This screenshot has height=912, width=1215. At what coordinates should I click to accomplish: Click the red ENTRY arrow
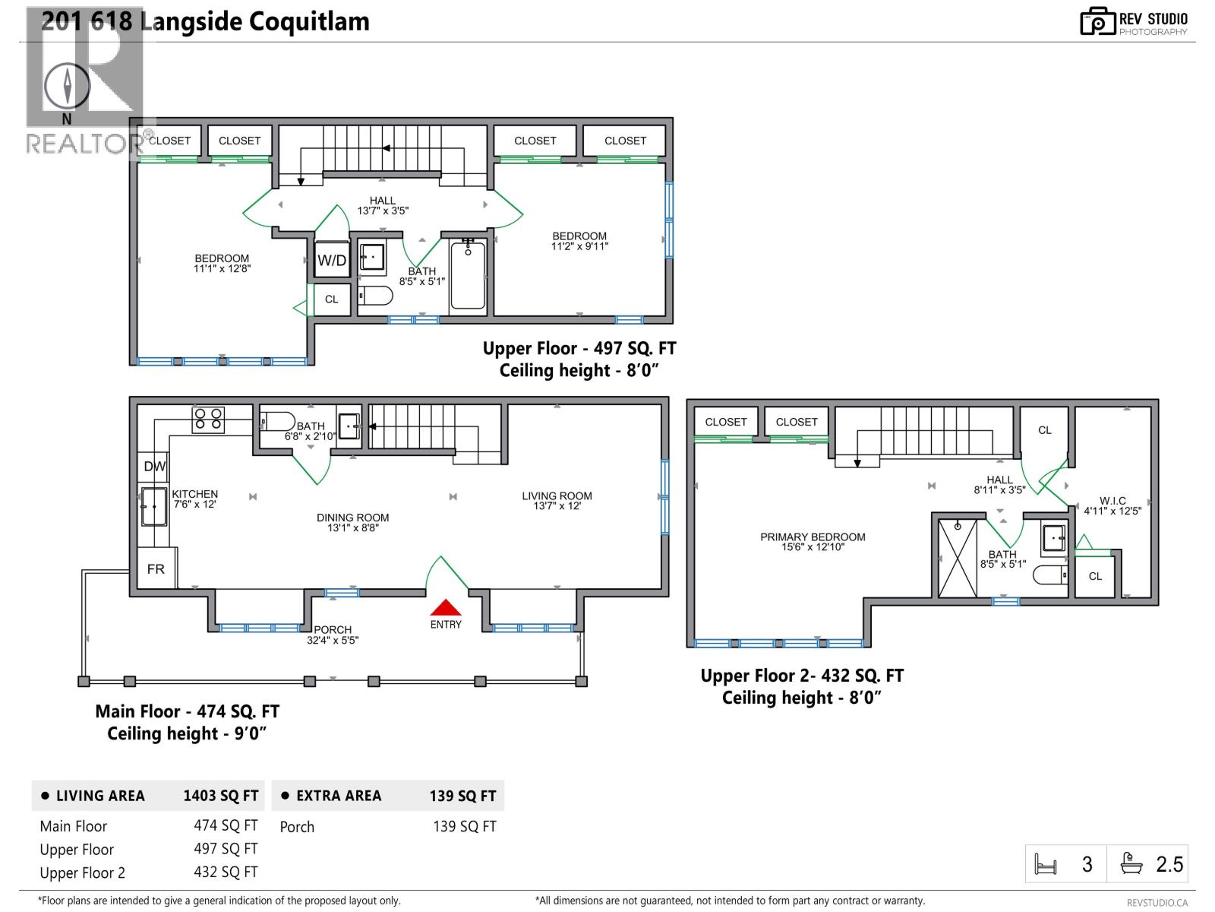click(x=446, y=607)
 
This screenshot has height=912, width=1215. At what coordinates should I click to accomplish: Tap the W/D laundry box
click(x=332, y=260)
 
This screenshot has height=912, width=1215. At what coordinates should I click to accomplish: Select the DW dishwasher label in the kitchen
click(x=154, y=466)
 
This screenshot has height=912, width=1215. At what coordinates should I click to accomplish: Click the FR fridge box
click(x=156, y=568)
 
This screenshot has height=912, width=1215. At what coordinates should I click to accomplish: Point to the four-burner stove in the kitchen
click(x=208, y=420)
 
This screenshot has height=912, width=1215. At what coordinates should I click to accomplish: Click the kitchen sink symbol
click(x=154, y=506)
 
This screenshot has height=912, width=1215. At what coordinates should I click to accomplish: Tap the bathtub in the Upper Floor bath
click(x=468, y=275)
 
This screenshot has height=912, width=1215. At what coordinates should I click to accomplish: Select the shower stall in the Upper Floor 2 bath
click(x=958, y=558)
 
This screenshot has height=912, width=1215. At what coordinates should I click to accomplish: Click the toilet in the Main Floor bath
click(x=277, y=422)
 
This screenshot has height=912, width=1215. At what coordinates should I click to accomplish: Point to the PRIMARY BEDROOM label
click(x=813, y=537)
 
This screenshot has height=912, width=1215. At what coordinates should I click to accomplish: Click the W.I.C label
click(x=1112, y=501)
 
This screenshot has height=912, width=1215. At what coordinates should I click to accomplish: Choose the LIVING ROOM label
click(x=557, y=496)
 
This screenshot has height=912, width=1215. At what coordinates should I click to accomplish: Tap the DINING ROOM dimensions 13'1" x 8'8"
click(x=352, y=527)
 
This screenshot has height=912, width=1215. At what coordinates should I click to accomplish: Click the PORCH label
click(x=333, y=629)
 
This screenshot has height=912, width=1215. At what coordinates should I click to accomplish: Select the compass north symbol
click(x=67, y=87)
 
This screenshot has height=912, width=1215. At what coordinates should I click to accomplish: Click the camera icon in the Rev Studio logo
click(x=1097, y=21)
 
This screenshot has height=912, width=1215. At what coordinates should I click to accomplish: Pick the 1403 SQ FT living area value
click(x=221, y=796)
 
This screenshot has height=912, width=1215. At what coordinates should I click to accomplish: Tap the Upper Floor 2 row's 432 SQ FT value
click(x=226, y=872)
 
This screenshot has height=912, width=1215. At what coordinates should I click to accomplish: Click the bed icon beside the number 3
click(x=1046, y=864)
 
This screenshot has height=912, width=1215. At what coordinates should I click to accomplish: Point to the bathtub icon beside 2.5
click(x=1131, y=863)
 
